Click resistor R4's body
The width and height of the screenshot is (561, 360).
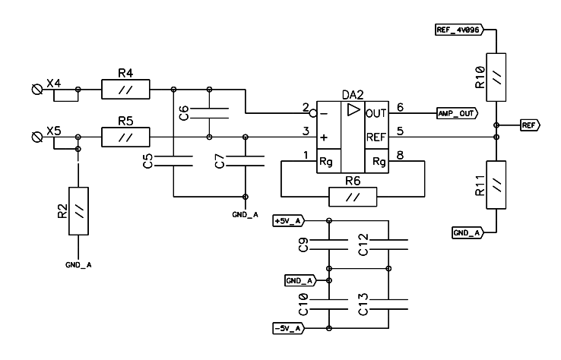(x=126, y=90)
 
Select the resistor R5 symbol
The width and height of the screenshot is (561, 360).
(x=126, y=137)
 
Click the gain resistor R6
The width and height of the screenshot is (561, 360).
(x=350, y=197)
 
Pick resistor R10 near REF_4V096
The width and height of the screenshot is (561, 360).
(x=496, y=77)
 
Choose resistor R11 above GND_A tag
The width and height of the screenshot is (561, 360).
(x=496, y=185)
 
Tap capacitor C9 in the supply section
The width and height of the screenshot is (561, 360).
(x=328, y=244)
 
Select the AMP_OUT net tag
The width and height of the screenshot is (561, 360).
(x=456, y=113)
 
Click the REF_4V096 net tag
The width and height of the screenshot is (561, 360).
(x=455, y=30)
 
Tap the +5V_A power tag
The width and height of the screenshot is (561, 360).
(x=290, y=220)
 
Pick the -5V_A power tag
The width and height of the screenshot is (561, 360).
(x=290, y=328)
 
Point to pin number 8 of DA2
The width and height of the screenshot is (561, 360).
(x=400, y=156)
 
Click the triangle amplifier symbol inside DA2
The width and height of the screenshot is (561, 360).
(x=352, y=110)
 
